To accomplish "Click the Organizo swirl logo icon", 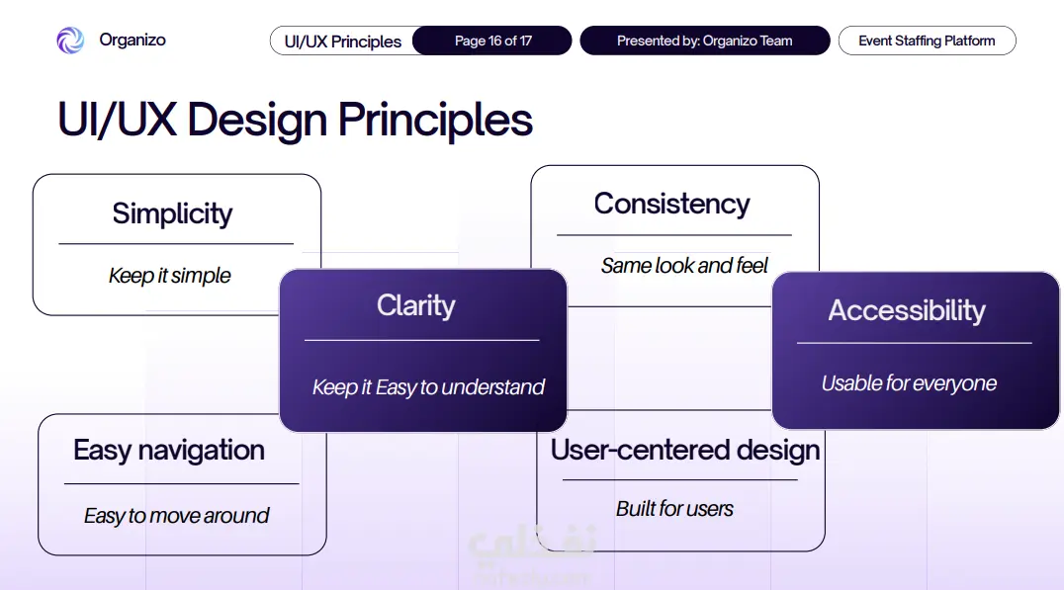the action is pos(70,41).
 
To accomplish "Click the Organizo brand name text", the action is pos(133,40).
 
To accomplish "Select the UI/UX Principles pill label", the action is pos(343,42).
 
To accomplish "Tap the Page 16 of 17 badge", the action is pos(492,41).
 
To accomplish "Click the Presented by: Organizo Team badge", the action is pos(705,41).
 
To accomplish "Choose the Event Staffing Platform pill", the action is pos(927,41).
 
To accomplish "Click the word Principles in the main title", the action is pos(435,121).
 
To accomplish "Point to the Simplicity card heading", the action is pos(172,213).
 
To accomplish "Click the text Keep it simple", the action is pos(170,276).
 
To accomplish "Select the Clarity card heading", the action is pos(416,305).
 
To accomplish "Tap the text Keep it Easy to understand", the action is pos(428,387).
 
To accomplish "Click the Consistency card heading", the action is pos(671,205).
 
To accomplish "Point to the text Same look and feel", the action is pos(684,265).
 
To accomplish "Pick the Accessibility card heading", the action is pos(907,310).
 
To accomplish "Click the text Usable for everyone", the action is pos(909,383).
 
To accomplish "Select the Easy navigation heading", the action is pos(169,451).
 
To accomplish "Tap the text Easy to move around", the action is pos(176,516).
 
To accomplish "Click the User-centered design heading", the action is pos(685,450).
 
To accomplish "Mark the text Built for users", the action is pos(674,509).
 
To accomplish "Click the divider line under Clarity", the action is pos(422,340).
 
